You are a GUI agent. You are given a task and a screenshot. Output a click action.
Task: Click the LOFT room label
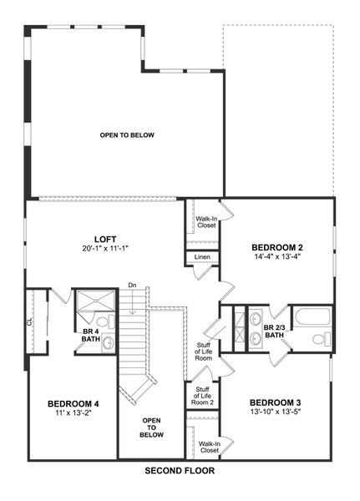point(104,238)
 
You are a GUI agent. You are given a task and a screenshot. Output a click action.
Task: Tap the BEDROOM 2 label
point(276,247)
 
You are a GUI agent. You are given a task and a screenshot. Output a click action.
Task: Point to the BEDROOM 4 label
point(74,403)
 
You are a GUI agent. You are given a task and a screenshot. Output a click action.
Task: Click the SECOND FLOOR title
point(180,471)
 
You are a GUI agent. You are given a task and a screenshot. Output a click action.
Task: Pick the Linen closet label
point(203,257)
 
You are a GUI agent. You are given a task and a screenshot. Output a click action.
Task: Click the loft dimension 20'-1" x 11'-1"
point(104,248)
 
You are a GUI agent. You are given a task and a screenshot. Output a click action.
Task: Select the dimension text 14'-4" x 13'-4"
point(276,257)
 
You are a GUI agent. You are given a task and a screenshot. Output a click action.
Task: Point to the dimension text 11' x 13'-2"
point(74,413)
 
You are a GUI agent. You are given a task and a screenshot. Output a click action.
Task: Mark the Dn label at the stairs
point(131,286)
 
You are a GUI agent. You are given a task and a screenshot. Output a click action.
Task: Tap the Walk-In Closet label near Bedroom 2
point(206,222)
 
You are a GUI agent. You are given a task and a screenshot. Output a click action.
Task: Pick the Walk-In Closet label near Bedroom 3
point(209,447)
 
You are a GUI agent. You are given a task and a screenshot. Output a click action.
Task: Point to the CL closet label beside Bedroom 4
point(29,321)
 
